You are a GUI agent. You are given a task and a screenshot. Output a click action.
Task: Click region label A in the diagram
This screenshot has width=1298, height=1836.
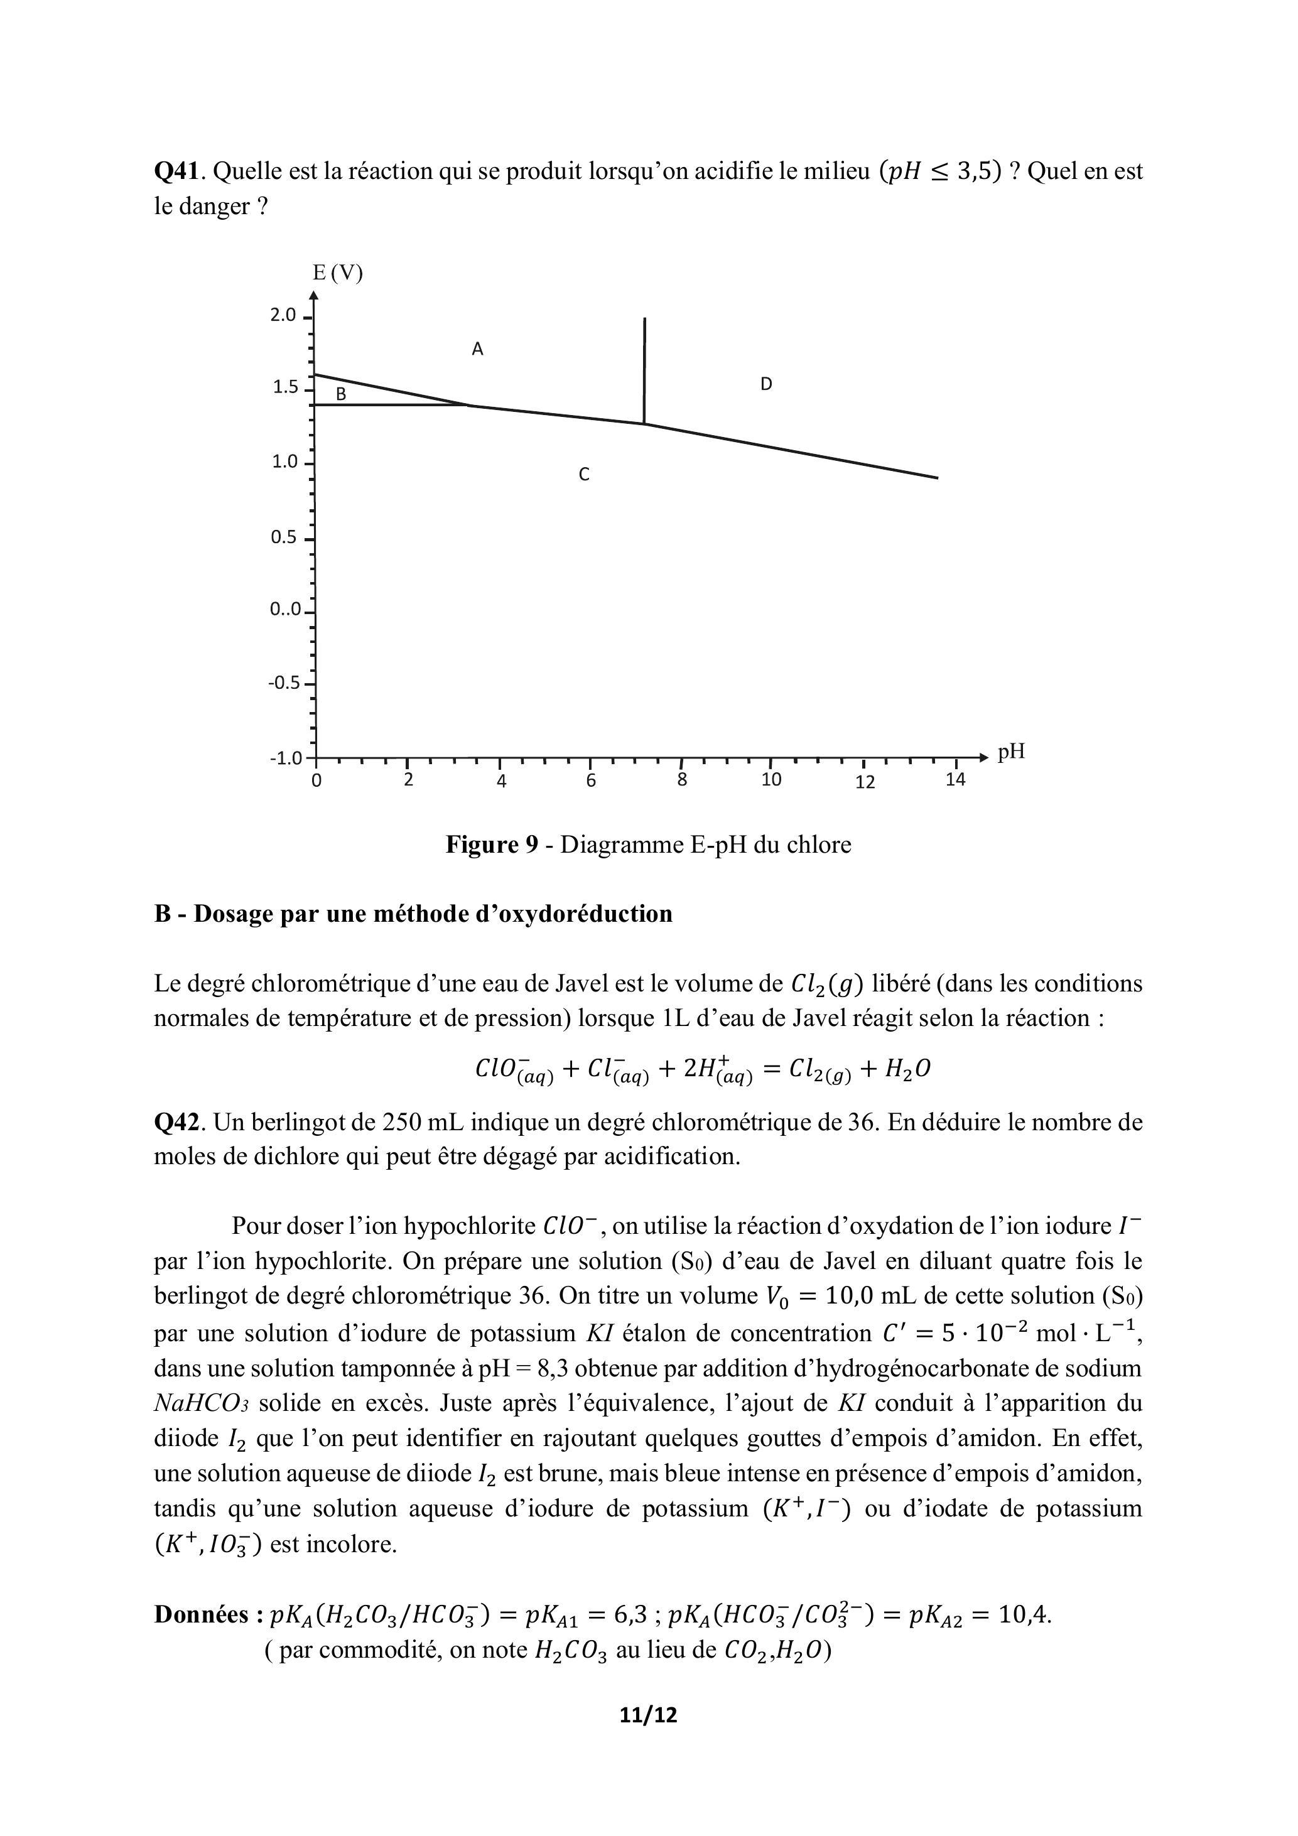(x=477, y=350)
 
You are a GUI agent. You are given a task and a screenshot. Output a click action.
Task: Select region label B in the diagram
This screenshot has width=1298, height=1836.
(x=341, y=394)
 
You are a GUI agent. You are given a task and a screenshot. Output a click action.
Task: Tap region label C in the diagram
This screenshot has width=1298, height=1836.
(x=584, y=475)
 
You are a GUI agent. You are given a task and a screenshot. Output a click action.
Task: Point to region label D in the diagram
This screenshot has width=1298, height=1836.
(x=766, y=385)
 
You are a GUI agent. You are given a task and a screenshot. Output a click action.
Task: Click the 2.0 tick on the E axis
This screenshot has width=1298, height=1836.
(x=284, y=315)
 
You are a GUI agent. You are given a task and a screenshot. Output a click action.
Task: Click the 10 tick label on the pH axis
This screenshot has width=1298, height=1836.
(x=771, y=780)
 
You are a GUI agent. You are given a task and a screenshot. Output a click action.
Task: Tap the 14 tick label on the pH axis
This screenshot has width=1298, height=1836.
(x=956, y=780)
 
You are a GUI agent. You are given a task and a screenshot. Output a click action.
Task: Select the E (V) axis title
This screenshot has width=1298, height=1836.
(x=337, y=274)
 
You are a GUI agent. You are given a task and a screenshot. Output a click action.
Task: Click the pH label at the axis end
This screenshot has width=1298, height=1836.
(x=1011, y=752)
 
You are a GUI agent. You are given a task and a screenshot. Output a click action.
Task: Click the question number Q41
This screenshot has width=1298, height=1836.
(x=180, y=171)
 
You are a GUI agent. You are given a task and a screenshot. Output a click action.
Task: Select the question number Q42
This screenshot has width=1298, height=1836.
(x=180, y=1123)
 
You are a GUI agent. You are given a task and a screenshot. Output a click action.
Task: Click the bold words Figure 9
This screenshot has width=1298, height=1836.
(x=492, y=845)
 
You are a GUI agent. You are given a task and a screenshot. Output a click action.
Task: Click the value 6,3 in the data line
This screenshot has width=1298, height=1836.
(x=630, y=1616)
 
